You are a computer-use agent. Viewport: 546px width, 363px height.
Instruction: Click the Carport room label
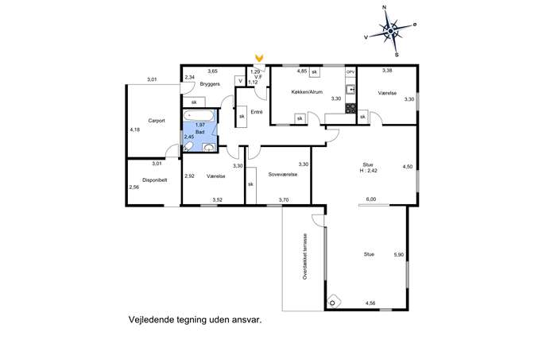[157, 121]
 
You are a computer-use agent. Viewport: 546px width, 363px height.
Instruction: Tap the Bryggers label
[210, 84]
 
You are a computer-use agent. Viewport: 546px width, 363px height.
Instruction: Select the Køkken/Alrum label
[307, 92]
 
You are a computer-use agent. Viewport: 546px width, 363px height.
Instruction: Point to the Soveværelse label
[283, 175]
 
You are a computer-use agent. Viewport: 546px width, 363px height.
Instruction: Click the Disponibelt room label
[155, 180]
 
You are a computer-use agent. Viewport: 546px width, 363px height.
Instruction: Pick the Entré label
[257, 112]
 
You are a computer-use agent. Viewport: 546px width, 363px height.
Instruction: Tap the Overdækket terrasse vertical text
[305, 257]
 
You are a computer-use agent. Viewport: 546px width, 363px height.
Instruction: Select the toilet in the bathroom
[188, 146]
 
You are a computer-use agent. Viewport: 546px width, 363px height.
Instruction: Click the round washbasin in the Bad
[208, 149]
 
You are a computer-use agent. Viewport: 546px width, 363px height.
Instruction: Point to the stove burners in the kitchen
[350, 109]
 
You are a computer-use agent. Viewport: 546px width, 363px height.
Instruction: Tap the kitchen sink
[350, 90]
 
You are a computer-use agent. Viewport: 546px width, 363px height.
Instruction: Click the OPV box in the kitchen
[350, 71]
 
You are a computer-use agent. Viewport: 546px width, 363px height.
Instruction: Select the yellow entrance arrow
[259, 57]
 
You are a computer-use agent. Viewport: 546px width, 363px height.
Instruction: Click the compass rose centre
[391, 32]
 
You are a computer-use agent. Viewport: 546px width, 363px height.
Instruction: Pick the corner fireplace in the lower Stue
[334, 302]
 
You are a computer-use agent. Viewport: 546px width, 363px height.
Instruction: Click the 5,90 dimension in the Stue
[399, 255]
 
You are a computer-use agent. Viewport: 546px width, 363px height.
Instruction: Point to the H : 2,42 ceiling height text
[369, 171]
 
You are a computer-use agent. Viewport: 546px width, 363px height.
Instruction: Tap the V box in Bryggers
[240, 81]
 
